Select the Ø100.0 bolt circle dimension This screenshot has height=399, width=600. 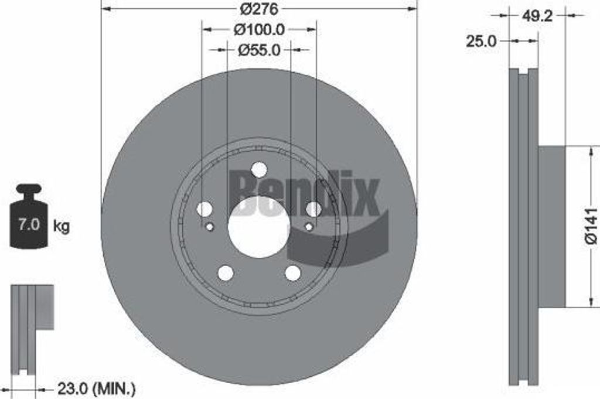(259, 28)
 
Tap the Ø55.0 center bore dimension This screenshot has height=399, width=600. (259, 50)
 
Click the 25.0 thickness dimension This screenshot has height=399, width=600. (481, 41)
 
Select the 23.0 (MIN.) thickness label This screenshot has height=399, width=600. (96, 388)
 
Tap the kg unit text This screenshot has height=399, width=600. (62, 226)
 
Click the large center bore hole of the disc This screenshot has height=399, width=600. (259, 227)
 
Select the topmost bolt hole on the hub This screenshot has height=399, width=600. (259, 169)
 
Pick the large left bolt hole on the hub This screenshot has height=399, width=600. (204, 209)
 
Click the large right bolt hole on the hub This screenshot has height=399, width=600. (313, 209)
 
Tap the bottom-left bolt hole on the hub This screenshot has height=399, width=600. (226, 272)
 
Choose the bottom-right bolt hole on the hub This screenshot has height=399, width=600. (292, 272)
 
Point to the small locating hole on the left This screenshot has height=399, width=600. (210, 227)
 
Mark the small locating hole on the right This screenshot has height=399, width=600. (308, 227)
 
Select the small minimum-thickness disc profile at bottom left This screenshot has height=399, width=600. (29, 328)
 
